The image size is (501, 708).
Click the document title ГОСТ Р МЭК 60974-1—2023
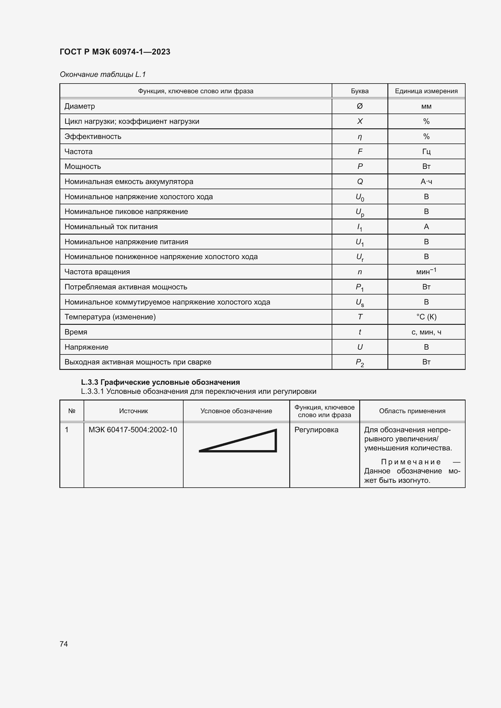coord(115,52)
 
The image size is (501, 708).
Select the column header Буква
coord(360,91)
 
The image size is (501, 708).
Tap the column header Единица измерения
coord(426,91)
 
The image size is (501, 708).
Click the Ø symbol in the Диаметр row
coord(360,106)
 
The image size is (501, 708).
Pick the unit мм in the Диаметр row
coord(426,106)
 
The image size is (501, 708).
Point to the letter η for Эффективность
coord(360,137)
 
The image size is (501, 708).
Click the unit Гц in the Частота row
coord(426,151)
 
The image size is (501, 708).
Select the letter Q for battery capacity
coord(360,182)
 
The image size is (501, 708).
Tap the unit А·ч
coord(426,182)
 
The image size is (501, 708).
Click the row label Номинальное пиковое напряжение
coord(126,212)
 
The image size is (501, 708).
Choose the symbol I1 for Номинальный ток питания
coord(360,227)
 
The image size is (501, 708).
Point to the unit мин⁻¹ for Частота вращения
coord(426,271)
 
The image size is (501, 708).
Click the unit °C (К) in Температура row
coord(426,317)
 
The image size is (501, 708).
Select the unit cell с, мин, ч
coord(426,332)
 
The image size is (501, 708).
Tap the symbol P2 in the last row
coord(360,363)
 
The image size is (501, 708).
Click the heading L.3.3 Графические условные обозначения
coord(161,382)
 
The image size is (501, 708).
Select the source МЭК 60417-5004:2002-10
coord(133,430)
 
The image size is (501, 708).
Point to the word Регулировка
coord(316,430)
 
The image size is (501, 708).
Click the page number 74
coord(64,644)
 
